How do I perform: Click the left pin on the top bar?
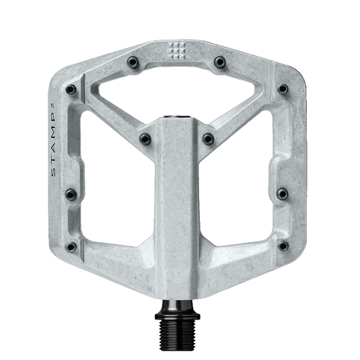(133, 63)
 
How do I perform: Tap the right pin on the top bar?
(220, 62)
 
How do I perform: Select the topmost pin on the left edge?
(71, 89)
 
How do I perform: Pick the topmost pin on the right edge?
(283, 89)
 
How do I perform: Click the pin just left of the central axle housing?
(145, 139)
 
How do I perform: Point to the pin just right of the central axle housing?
(208, 139)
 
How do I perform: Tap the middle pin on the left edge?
(71, 194)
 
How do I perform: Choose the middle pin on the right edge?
(283, 194)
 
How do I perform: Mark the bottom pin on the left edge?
(71, 247)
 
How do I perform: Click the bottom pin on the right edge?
(283, 246)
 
